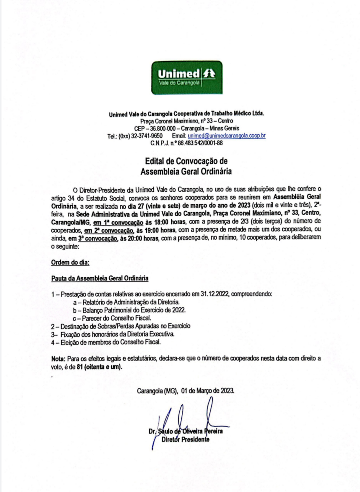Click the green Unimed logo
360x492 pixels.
[187, 77]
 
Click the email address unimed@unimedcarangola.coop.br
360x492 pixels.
[226, 136]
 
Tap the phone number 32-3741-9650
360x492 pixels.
[147, 136]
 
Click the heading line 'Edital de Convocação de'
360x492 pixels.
[186, 161]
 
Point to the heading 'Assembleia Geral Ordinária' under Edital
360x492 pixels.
[186, 171]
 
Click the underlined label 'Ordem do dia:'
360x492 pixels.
[70, 262]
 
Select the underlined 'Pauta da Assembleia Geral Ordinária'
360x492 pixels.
[100, 278]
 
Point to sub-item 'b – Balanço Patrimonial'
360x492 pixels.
[129, 310]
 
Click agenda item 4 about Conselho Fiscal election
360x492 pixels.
[106, 342]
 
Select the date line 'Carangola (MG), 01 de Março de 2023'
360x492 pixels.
[186, 391]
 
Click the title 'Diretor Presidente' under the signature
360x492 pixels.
[186, 440]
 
